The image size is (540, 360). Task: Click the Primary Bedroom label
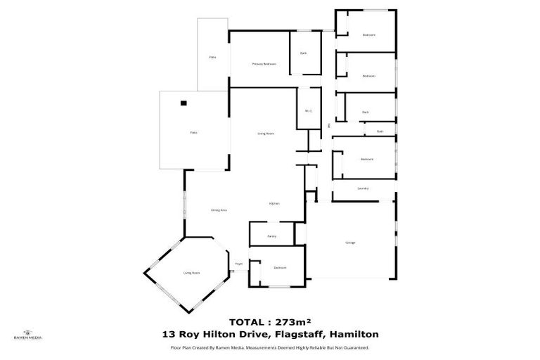coord(264,64)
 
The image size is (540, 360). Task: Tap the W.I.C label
coord(308,110)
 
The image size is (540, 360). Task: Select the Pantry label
coord(272,236)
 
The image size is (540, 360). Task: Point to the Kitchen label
coord(274,203)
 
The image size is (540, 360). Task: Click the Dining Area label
coord(219,210)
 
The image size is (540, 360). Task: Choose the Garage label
coord(349,243)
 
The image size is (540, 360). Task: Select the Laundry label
coord(363,188)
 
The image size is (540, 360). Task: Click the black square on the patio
coord(184,103)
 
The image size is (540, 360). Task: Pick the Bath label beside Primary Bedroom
coord(304,53)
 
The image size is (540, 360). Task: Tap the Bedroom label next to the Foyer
coord(280,268)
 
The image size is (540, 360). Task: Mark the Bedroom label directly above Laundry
coord(366,159)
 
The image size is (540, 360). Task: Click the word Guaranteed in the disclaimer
coord(355,347)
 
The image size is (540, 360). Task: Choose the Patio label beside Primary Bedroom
coord(212,56)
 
